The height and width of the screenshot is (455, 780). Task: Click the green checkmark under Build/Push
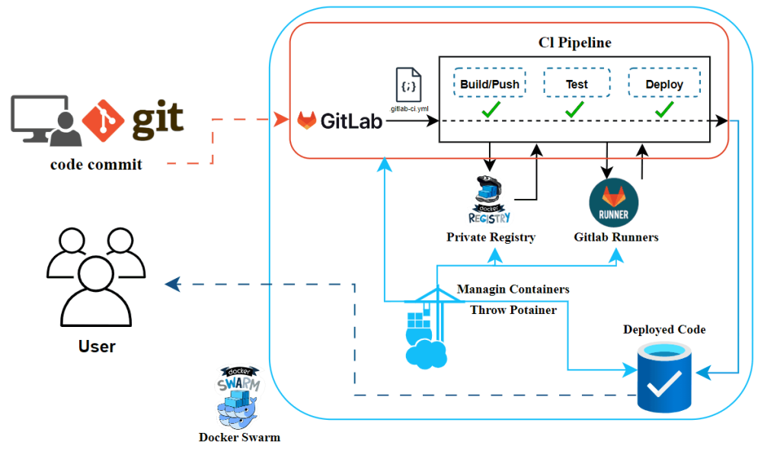(x=491, y=109)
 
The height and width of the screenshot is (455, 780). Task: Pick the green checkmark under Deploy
(x=664, y=109)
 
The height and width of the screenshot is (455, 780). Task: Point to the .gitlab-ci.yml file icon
(x=408, y=85)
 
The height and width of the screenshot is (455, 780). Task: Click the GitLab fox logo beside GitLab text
(x=306, y=120)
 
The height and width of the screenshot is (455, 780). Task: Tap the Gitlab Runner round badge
(x=613, y=203)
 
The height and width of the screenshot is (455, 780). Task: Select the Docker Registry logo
(x=490, y=199)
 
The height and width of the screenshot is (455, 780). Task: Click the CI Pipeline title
(x=574, y=43)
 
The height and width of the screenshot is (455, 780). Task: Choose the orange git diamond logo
(x=103, y=120)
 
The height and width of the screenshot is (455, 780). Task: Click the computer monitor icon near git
(x=40, y=118)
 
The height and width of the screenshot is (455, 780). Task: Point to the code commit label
(x=96, y=165)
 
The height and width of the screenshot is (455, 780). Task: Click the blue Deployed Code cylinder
(x=664, y=376)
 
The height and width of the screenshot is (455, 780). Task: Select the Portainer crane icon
(x=427, y=328)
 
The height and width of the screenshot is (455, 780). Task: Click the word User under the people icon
(x=97, y=347)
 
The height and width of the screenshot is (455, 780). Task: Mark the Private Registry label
(x=491, y=237)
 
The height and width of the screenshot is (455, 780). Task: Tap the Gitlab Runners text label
(x=615, y=237)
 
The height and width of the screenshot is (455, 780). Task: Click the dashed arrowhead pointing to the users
(x=172, y=284)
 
